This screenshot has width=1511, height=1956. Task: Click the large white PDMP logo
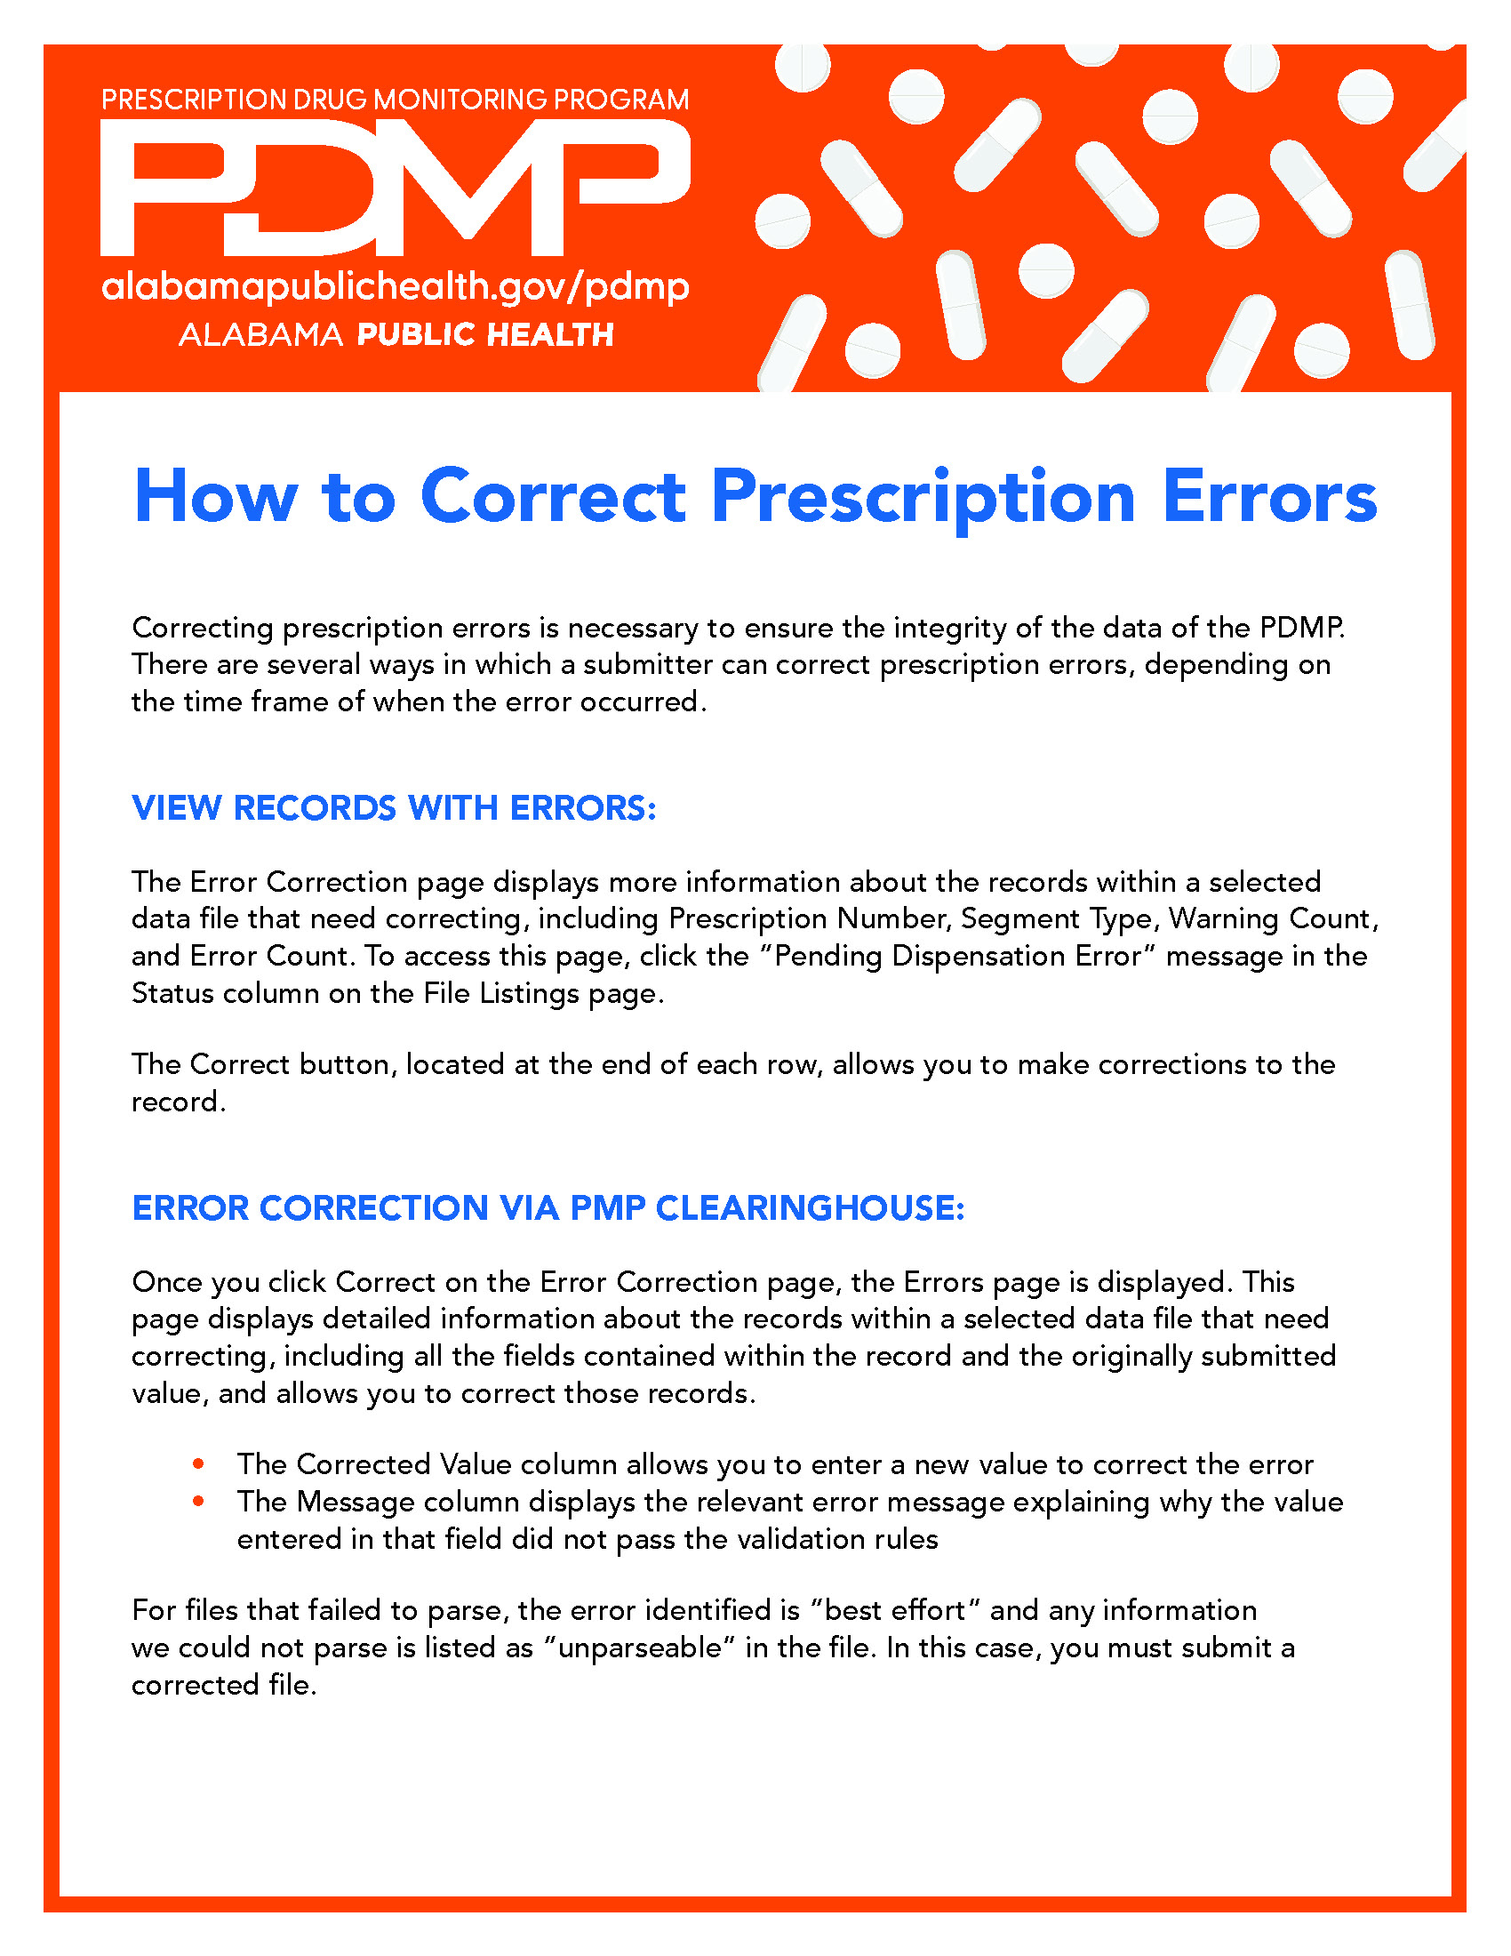pos(394,188)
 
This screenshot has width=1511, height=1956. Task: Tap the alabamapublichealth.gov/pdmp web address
pos(395,287)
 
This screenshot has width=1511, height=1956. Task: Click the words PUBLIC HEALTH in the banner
pos(485,335)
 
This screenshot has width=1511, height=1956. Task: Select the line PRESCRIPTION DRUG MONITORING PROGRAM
pos(395,100)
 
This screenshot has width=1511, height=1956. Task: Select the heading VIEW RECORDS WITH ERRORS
pos(394,808)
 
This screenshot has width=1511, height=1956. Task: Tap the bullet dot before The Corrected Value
pos(199,1463)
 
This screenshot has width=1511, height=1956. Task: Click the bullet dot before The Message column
pos(199,1501)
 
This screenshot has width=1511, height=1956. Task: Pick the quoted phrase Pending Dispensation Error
pos(957,957)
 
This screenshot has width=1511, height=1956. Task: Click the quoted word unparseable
pos(639,1647)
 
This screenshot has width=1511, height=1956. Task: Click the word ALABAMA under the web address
pos(260,335)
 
